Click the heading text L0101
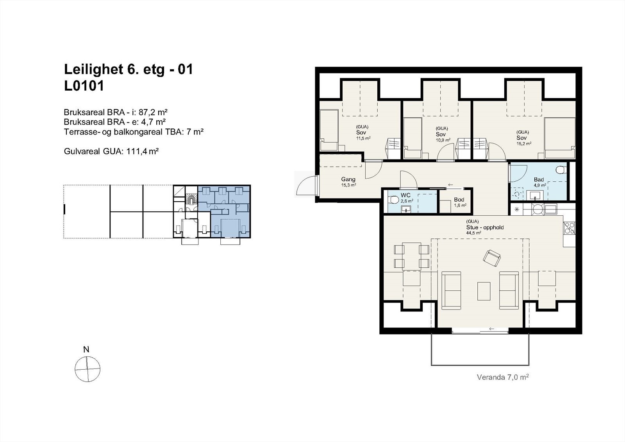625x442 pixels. coord(84,86)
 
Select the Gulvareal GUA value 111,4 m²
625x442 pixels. coord(142,151)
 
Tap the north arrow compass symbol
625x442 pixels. coord(87,369)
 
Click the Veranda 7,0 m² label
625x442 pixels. coord(503,377)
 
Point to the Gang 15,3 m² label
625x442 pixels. coord(348,182)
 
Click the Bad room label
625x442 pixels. coord(539,180)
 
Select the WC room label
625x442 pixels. coord(405,195)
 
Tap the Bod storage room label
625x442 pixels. coord(459,200)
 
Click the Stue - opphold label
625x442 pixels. coord(485,227)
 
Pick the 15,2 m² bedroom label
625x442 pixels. coord(523,143)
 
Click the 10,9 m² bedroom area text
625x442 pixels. coord(443,140)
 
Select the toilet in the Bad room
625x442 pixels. coord(561,170)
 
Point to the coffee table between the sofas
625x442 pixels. coord(484,291)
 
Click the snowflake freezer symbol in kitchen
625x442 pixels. coord(517,209)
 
